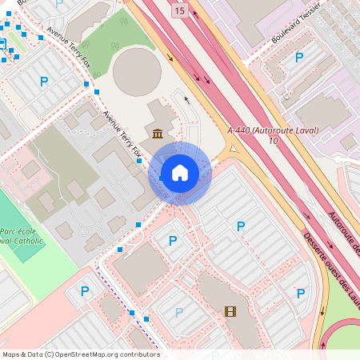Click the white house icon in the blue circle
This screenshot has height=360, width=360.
pos(179,172)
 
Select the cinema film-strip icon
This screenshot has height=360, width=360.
pos(230,312)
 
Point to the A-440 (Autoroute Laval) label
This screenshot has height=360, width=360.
pos(273,130)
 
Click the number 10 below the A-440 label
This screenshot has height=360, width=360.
pos(274,141)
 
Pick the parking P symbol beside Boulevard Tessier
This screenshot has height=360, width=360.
pos(299,57)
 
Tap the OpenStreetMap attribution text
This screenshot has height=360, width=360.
pos(81,354)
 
